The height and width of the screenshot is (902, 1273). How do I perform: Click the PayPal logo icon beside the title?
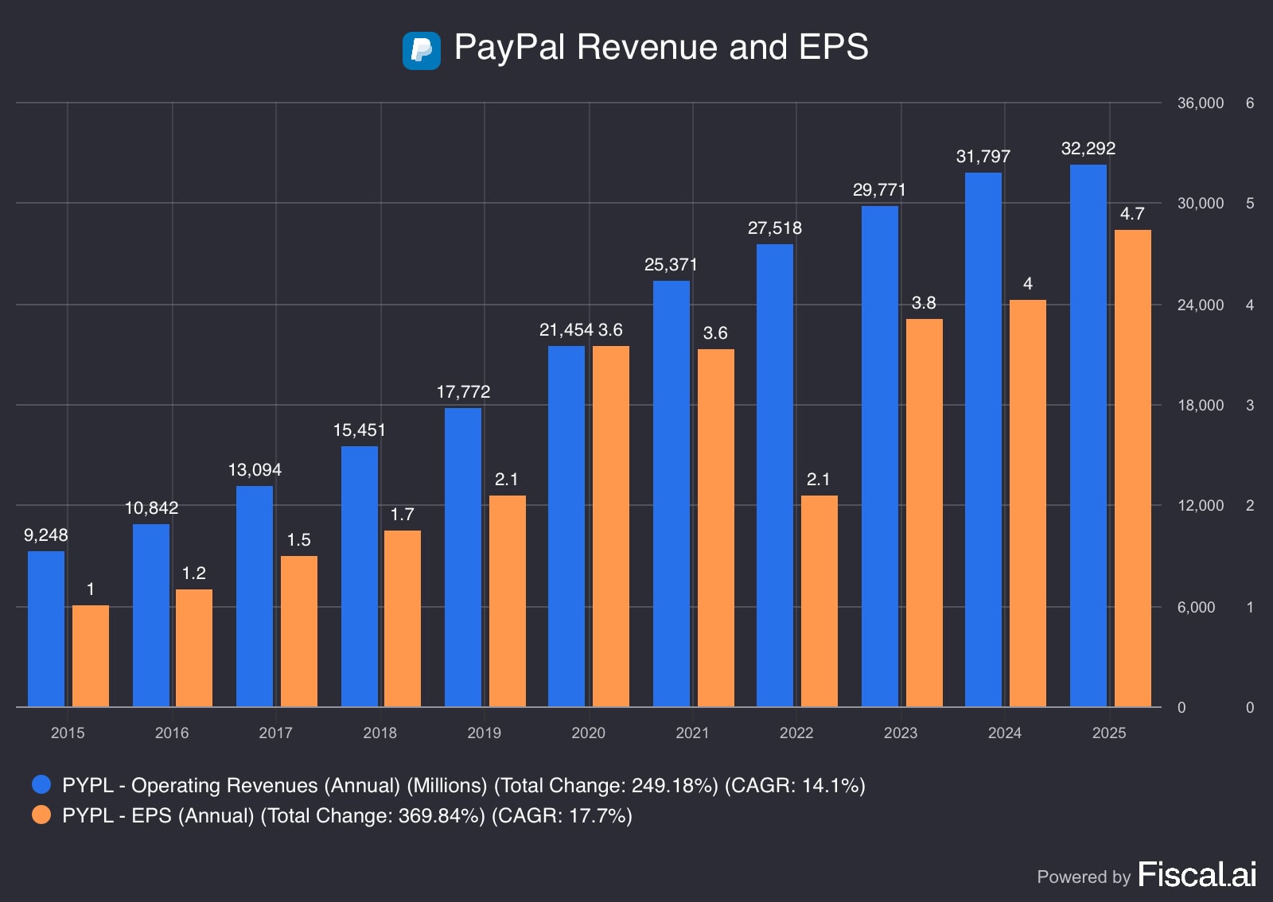421,51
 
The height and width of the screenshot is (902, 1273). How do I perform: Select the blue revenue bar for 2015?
46,628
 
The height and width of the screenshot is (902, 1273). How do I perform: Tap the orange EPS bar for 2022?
819,601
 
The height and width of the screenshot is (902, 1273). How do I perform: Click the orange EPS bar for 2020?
610,526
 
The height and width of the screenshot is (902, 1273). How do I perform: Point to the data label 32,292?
1088,149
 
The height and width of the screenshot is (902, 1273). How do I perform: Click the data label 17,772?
463,392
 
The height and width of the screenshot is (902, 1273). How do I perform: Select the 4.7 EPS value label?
1131,214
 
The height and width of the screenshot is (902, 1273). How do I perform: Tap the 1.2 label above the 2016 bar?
193,573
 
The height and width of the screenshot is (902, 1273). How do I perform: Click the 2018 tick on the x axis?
380,733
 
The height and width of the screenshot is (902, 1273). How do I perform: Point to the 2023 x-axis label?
900,733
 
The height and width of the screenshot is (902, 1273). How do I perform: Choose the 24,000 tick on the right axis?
1200,305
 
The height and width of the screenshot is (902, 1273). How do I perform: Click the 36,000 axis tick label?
1200,103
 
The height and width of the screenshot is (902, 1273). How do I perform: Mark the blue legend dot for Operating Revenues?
41,785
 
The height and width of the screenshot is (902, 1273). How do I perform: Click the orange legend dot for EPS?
41,815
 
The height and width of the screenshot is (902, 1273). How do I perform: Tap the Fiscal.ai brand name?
1197,875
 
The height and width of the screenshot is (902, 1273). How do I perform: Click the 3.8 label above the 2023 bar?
923,303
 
